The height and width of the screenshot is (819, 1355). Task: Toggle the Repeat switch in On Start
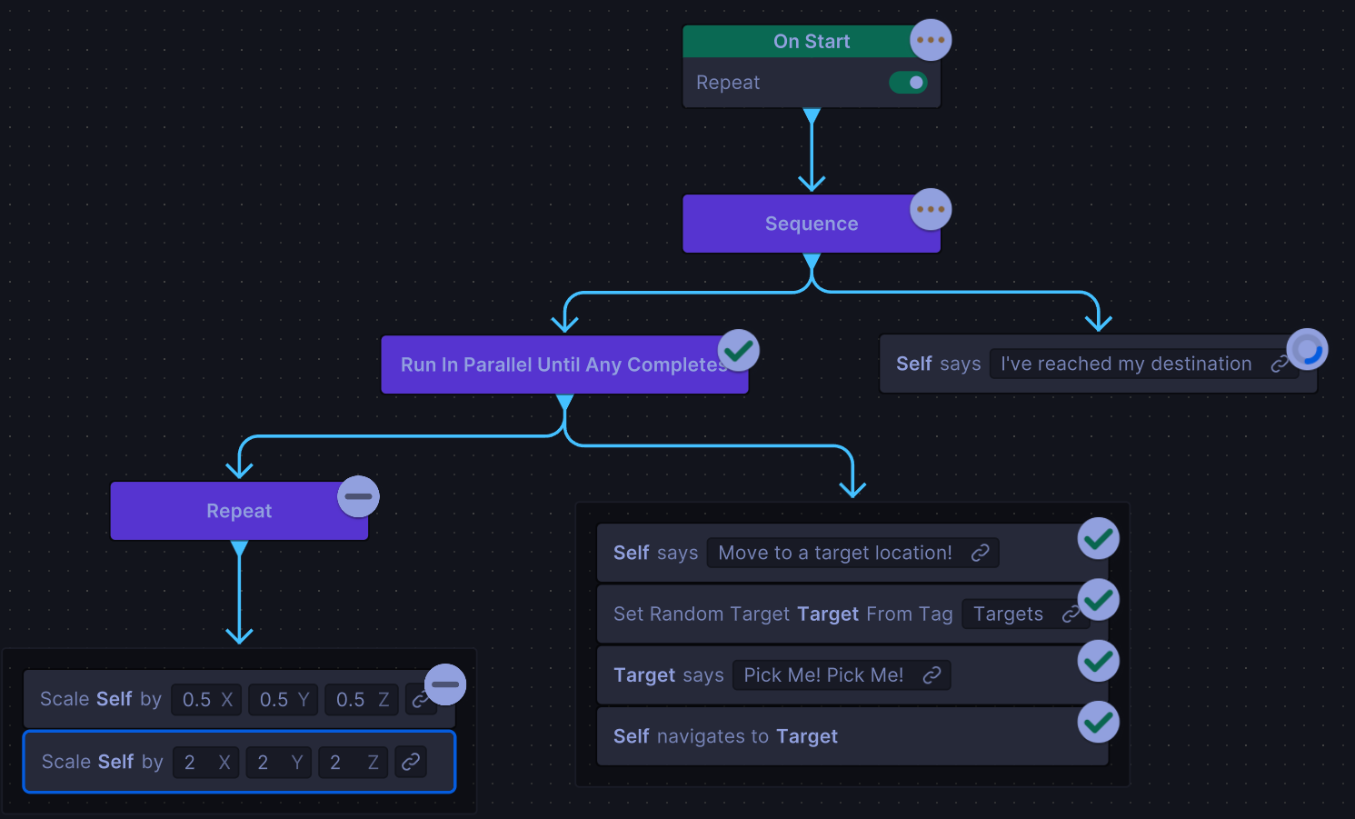[908, 83]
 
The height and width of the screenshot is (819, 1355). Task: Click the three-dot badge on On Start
[931, 40]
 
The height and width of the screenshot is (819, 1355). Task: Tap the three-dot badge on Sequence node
[931, 210]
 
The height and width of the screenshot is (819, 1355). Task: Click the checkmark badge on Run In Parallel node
[739, 350]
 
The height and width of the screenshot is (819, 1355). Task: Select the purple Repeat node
[238, 512]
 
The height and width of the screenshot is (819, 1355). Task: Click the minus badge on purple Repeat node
[358, 496]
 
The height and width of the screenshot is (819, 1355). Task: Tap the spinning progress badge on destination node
[1308, 349]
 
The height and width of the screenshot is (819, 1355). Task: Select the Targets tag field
[1008, 614]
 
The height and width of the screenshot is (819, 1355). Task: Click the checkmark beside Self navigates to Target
[1098, 723]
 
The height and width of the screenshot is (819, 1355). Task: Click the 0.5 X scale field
[206, 700]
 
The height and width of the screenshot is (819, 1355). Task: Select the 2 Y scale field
[278, 763]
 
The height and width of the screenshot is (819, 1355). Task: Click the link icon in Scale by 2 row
[411, 763]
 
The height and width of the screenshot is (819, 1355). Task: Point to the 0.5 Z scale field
[361, 700]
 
